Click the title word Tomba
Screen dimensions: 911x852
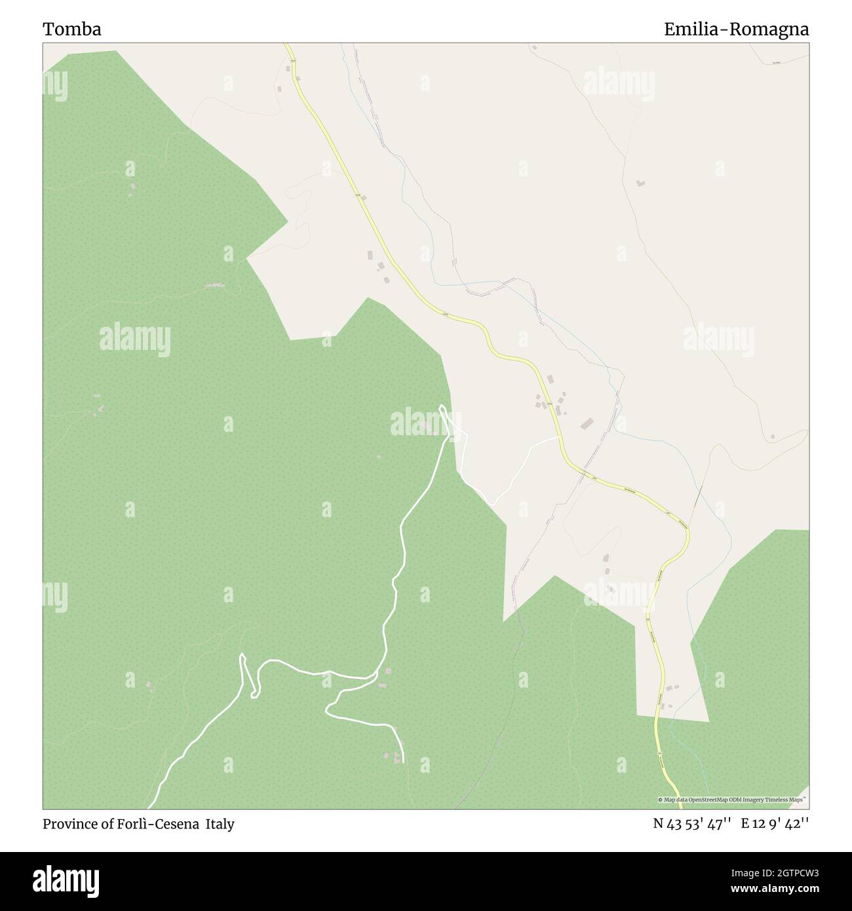(x=72, y=29)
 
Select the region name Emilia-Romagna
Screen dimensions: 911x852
(x=736, y=29)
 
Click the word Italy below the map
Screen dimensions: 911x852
(x=220, y=824)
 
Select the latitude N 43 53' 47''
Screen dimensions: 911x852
(x=692, y=824)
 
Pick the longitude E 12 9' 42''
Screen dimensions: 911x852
(x=775, y=824)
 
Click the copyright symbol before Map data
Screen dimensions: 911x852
(x=661, y=800)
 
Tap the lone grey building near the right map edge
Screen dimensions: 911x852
(x=773, y=436)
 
